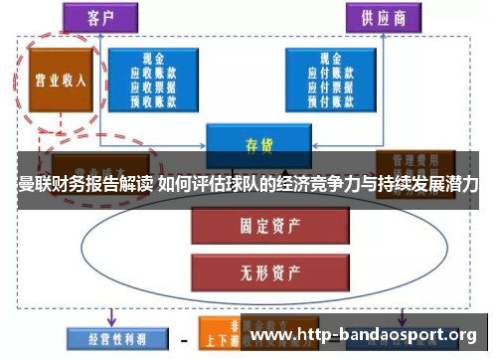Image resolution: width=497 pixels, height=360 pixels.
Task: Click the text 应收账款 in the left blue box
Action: tap(154, 73)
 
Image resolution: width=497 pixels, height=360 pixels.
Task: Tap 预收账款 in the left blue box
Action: tap(154, 100)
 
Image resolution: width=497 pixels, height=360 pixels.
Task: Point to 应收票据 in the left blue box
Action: tap(154, 87)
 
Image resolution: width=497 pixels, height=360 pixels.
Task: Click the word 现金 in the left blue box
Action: tap(154, 59)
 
